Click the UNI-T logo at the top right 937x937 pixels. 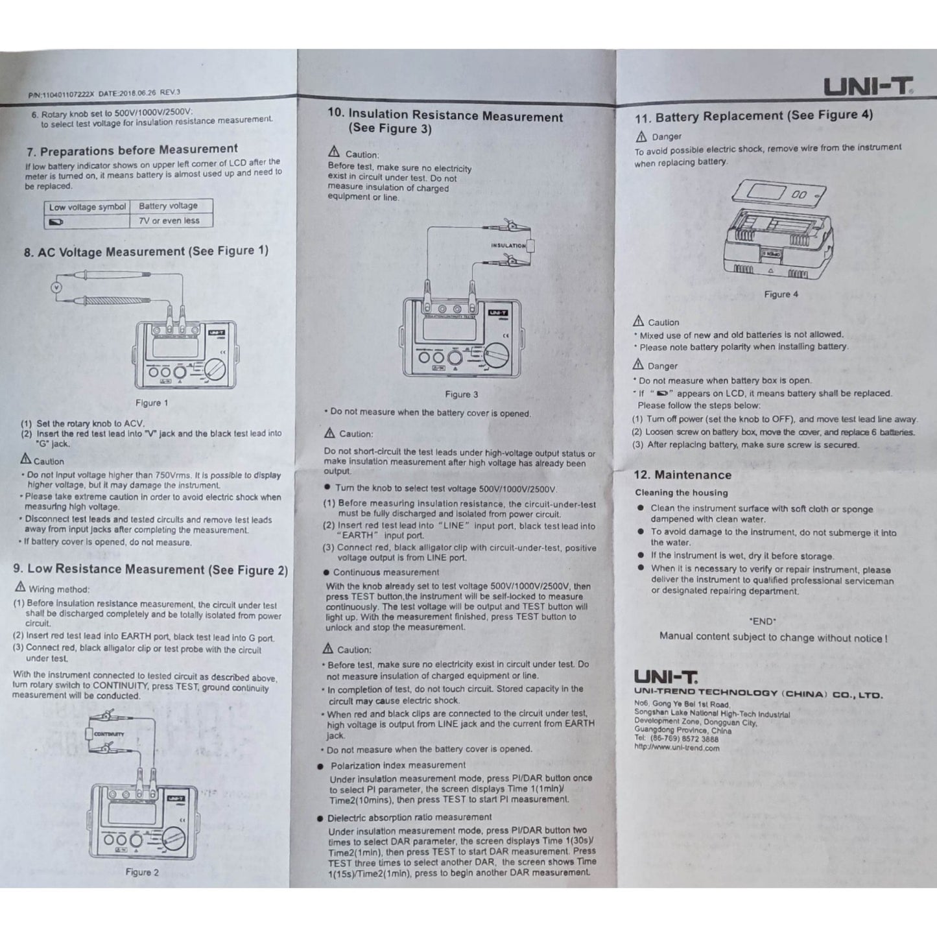(868, 86)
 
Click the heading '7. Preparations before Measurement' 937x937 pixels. (132, 150)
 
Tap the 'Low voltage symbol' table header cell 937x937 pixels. (88, 207)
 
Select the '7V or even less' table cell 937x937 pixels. (169, 220)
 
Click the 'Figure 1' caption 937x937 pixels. (152, 403)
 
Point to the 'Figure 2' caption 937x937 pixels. (142, 872)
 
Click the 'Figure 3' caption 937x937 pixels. (461, 394)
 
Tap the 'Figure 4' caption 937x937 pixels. (781, 294)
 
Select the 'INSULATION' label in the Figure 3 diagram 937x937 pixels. (508, 246)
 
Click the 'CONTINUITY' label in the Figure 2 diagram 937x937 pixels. (109, 734)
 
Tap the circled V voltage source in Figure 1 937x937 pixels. (56, 287)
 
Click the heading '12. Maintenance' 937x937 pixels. (682, 475)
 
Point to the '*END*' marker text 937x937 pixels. (763, 621)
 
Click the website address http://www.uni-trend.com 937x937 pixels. (676, 748)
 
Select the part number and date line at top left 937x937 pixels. (104, 93)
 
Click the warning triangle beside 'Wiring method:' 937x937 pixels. (20, 587)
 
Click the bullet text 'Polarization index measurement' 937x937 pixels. (397, 765)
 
